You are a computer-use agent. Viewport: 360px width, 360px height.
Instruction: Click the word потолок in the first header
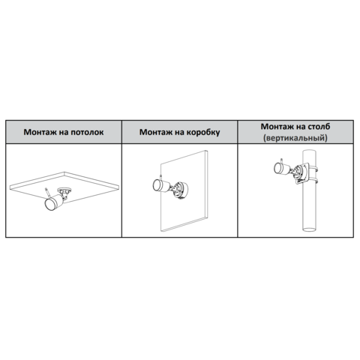[x=87, y=132]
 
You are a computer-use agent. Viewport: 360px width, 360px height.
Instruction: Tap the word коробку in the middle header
[x=204, y=132]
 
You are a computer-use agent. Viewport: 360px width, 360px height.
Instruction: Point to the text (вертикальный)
[x=295, y=138]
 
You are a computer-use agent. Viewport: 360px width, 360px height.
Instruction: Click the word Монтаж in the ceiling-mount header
[x=40, y=132]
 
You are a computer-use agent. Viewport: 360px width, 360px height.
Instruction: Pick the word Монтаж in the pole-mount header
[x=277, y=126]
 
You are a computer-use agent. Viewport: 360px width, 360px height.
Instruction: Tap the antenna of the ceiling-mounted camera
[x=47, y=192]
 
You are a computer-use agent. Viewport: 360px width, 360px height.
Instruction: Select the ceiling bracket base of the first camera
[x=64, y=190]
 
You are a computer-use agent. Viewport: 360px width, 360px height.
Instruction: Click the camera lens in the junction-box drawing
[x=157, y=185]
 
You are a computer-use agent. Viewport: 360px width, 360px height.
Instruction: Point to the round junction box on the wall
[x=181, y=190]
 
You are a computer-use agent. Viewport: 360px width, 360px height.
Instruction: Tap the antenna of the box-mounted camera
[x=160, y=175]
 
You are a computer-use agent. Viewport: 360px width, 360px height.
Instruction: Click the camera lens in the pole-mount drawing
[x=278, y=168]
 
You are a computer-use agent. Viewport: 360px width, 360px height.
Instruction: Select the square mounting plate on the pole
[x=302, y=173]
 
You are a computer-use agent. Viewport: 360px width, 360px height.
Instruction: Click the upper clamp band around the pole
[x=313, y=168]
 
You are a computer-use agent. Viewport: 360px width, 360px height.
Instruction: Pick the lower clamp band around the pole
[x=313, y=181]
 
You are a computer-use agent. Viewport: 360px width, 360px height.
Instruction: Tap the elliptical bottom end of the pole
[x=310, y=229]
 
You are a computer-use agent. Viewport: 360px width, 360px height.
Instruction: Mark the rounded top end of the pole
[x=310, y=151]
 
